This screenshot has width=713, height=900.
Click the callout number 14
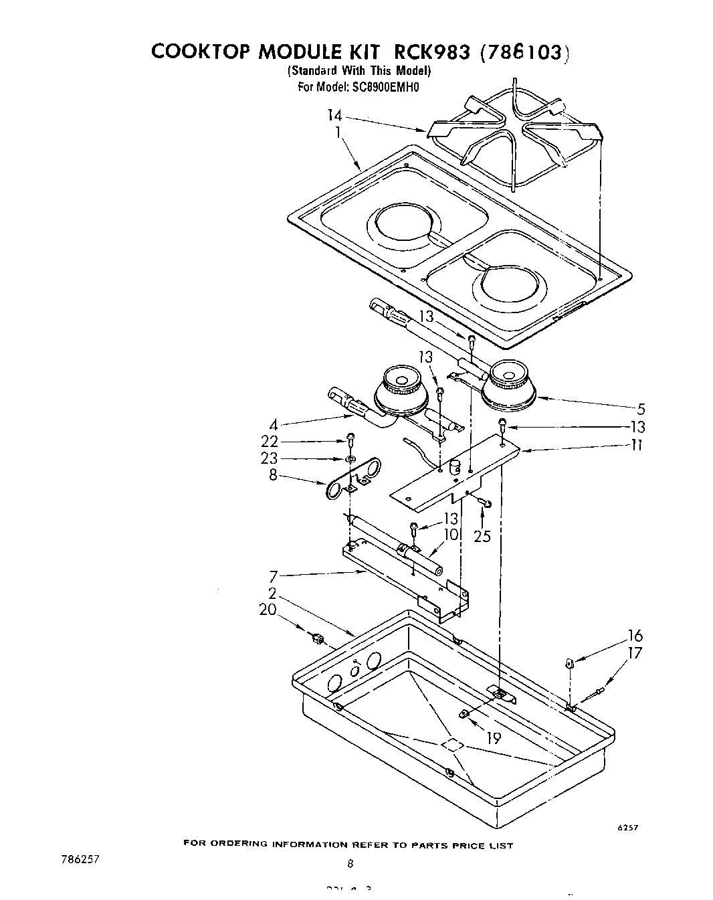click(334, 116)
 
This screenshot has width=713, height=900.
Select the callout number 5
click(641, 409)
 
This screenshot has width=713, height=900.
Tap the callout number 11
click(637, 444)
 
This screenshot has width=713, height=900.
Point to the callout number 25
click(482, 535)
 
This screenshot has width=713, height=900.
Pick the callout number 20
click(268, 610)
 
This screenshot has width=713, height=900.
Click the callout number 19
click(492, 738)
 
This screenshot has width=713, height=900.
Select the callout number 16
click(635, 635)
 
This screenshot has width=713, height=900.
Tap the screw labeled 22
click(350, 440)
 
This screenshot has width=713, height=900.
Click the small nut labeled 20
click(318, 640)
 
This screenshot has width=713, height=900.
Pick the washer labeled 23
click(350, 459)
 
